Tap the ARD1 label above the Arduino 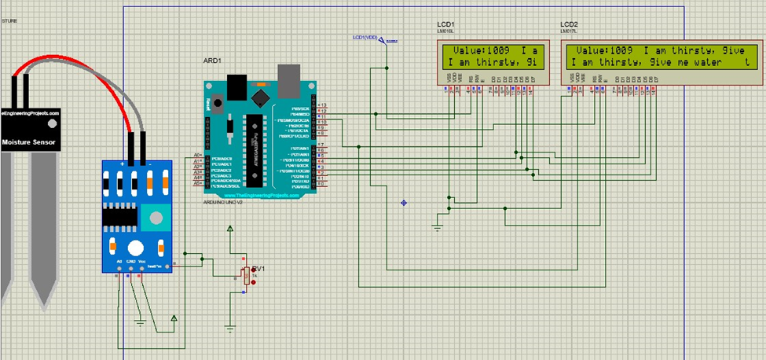(x=213, y=60)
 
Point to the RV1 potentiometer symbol (x=247, y=275)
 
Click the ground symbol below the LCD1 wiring (x=438, y=227)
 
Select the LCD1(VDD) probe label (x=368, y=37)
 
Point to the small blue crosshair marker (x=404, y=203)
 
